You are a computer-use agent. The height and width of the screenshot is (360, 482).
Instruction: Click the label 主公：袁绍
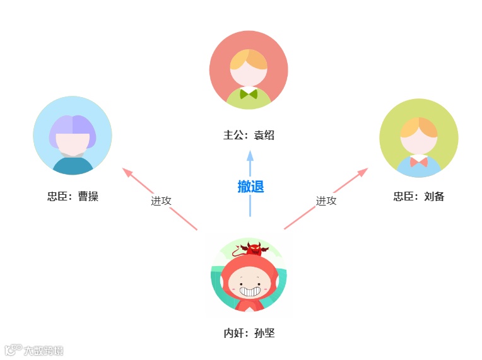coord(249,135)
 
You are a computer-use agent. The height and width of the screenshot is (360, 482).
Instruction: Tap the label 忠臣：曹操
coord(73,196)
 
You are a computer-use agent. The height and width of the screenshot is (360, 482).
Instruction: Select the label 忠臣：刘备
coord(419,196)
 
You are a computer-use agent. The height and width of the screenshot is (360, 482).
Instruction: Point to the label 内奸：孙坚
coord(249,334)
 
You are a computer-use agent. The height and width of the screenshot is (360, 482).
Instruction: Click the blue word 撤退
coord(250,187)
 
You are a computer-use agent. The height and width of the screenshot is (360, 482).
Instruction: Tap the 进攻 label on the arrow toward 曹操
coord(161,200)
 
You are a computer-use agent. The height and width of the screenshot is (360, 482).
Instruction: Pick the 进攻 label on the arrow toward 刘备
coord(326,200)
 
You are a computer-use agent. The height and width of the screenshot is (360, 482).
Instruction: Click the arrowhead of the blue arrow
coord(250,155)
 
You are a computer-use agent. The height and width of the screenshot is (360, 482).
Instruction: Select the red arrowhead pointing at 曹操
coord(127,171)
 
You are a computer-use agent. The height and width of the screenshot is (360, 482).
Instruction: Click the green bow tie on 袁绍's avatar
coord(249,95)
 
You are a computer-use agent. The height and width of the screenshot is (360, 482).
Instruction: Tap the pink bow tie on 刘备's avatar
coord(418,162)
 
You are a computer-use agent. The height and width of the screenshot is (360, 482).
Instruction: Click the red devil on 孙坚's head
coord(253,248)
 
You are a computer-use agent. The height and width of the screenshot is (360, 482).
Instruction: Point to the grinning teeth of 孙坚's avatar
coord(250,291)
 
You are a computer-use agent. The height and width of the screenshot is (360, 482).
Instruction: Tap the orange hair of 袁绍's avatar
coord(249,59)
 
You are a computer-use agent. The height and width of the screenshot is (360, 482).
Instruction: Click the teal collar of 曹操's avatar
coord(73,165)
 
